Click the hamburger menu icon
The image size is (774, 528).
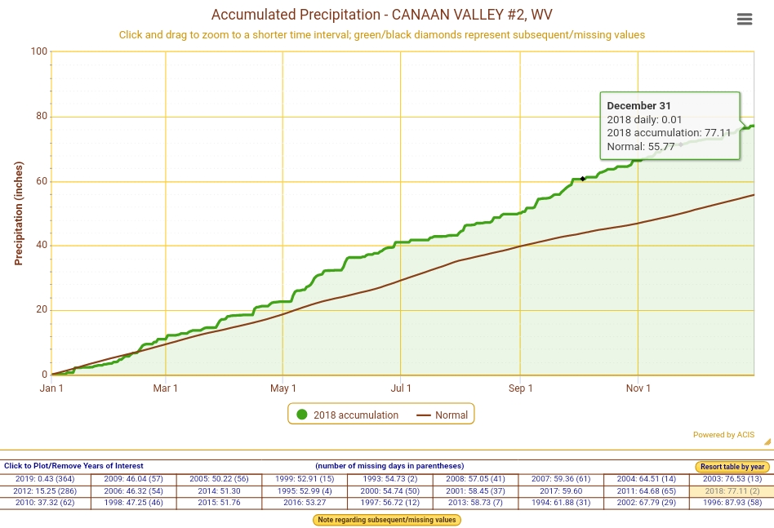744,20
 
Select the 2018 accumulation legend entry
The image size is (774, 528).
348,415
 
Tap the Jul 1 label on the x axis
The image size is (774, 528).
401,388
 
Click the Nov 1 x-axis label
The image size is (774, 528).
638,388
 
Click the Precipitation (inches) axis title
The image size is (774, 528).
19,213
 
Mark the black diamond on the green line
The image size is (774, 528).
583,179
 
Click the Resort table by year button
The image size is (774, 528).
732,467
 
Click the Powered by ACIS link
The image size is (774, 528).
723,435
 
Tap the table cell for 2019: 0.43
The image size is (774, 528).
45,479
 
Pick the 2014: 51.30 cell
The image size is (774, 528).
219,491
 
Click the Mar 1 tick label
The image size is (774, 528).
166,388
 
